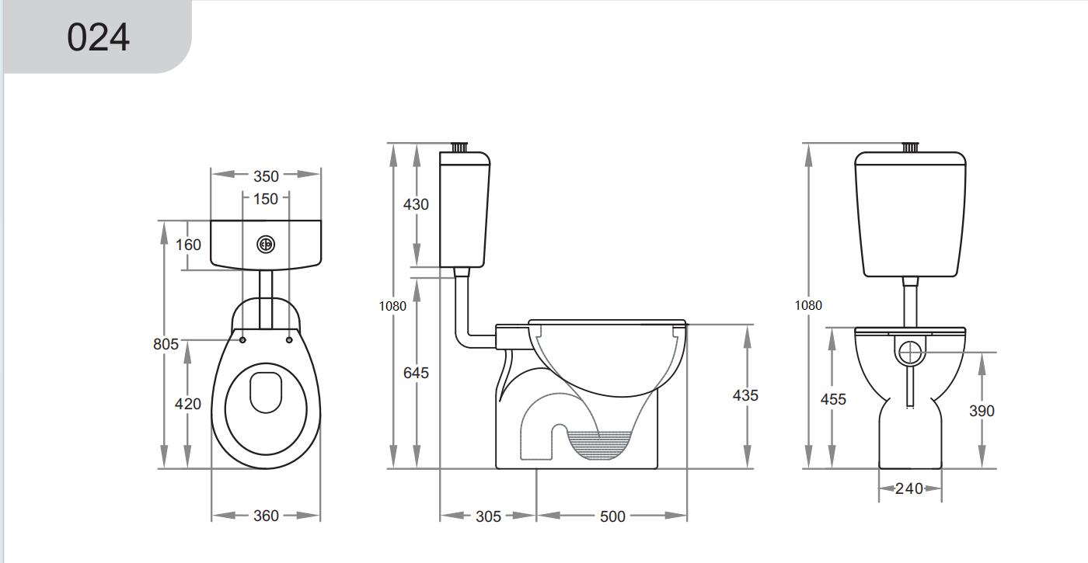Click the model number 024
click(98, 37)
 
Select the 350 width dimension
click(266, 176)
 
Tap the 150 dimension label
click(266, 200)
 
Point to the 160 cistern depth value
click(188, 245)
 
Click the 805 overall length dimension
click(166, 343)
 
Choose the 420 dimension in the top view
click(188, 404)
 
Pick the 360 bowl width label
click(266, 516)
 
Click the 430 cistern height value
click(416, 205)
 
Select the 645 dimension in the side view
click(416, 373)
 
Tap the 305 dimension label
click(488, 516)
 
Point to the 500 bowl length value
click(612, 516)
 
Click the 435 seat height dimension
click(745, 395)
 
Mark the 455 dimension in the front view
click(833, 399)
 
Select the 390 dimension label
click(982, 411)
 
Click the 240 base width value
click(908, 488)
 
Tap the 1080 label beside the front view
click(808, 306)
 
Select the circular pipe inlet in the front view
click(910, 353)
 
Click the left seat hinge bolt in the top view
click(243, 339)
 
